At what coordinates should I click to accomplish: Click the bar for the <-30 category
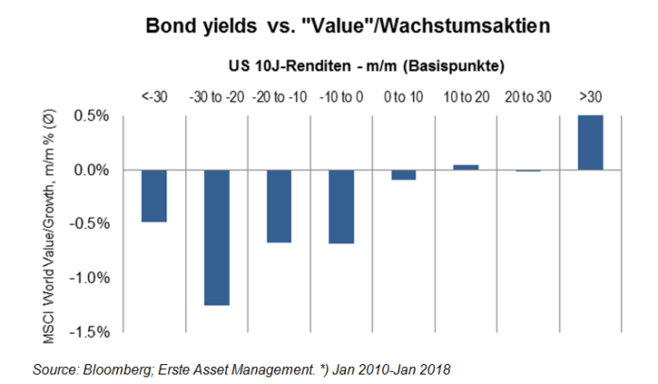coord(154,196)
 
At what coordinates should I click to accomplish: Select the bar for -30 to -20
coord(216,237)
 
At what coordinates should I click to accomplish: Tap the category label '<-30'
coord(154,96)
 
